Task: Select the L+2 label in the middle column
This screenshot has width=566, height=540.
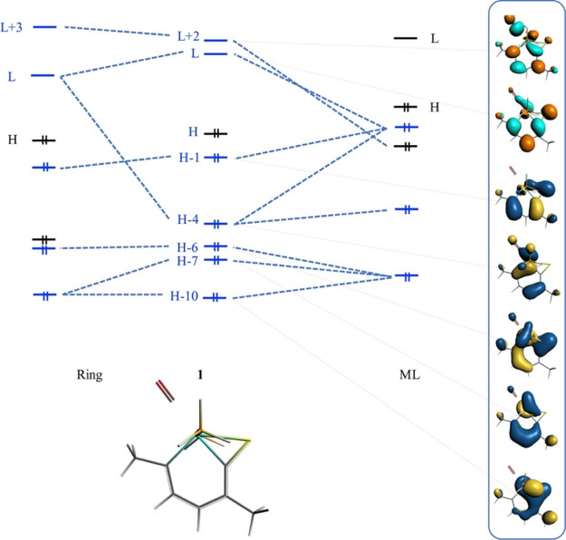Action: tap(187, 36)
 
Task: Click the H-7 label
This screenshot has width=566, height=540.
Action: tap(187, 261)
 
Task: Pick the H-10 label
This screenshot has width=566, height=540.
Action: tap(185, 295)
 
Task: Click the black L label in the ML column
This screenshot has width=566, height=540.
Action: tap(434, 39)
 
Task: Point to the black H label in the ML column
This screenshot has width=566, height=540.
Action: tap(434, 107)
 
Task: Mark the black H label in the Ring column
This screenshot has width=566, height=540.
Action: tap(13, 140)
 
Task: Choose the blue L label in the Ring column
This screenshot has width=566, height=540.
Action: tap(12, 77)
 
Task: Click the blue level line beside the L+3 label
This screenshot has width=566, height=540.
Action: tap(44, 27)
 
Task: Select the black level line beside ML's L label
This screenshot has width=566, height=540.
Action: tap(406, 39)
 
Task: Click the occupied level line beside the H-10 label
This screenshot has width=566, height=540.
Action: tap(216, 296)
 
